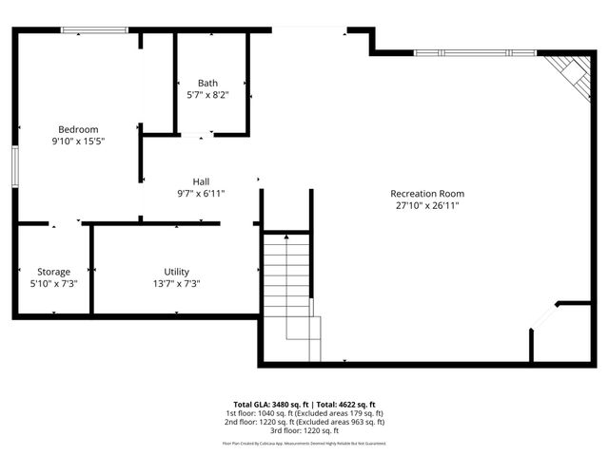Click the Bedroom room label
click(78, 129)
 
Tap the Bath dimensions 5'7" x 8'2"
click(207, 95)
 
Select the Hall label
click(201, 181)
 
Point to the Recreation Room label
click(427, 194)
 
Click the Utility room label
click(176, 272)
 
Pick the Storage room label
click(53, 272)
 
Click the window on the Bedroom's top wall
click(94, 30)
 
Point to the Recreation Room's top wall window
click(475, 52)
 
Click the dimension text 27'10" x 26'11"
click(427, 205)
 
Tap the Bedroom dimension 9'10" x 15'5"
click(78, 141)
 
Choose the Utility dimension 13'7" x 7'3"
click(176, 283)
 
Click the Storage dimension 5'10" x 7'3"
click(53, 283)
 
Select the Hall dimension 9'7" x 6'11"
click(201, 193)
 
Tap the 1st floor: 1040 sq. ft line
click(304, 412)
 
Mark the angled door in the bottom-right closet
click(543, 317)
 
